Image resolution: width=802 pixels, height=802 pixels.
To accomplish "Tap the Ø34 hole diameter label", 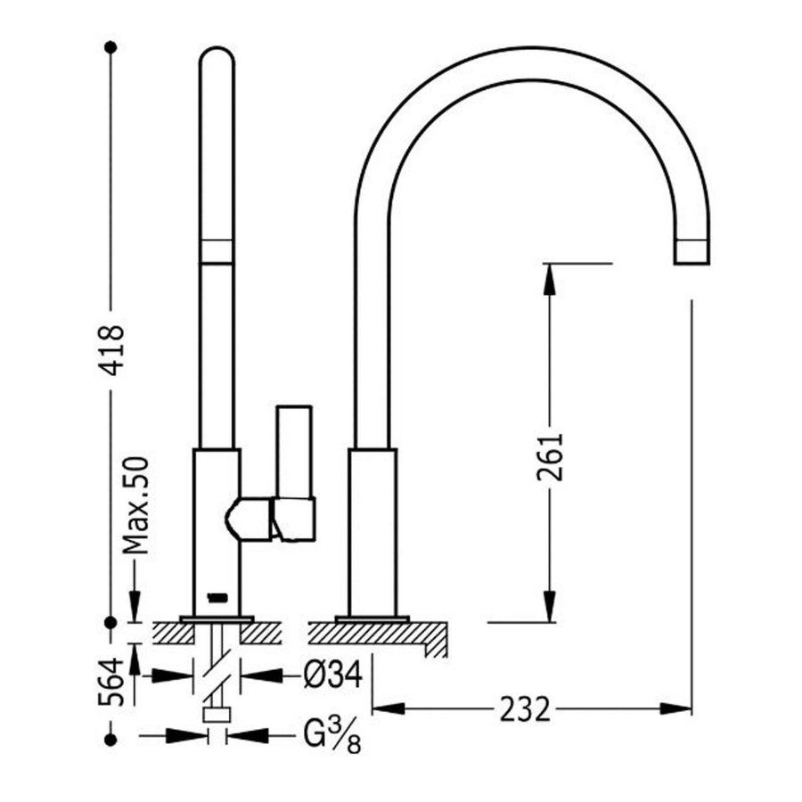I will pyautogui.click(x=331, y=676).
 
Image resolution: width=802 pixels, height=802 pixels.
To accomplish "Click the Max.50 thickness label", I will pyautogui.click(x=135, y=505).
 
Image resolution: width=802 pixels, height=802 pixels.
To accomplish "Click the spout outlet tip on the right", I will pyautogui.click(x=692, y=250).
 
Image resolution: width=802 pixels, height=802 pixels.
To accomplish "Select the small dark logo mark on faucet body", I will pyautogui.click(x=215, y=595).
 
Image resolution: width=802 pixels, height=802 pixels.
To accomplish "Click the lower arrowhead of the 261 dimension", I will pyautogui.click(x=550, y=606).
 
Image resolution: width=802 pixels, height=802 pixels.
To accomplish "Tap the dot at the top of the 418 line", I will pyautogui.click(x=110, y=45).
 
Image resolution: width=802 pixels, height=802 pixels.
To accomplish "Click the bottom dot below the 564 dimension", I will pyautogui.click(x=110, y=739).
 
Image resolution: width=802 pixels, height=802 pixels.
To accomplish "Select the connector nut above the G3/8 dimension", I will pyautogui.click(x=216, y=714).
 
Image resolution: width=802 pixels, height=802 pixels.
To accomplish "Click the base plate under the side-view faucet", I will pyautogui.click(x=372, y=618).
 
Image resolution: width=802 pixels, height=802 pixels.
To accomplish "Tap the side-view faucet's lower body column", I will pyautogui.click(x=372, y=530).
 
